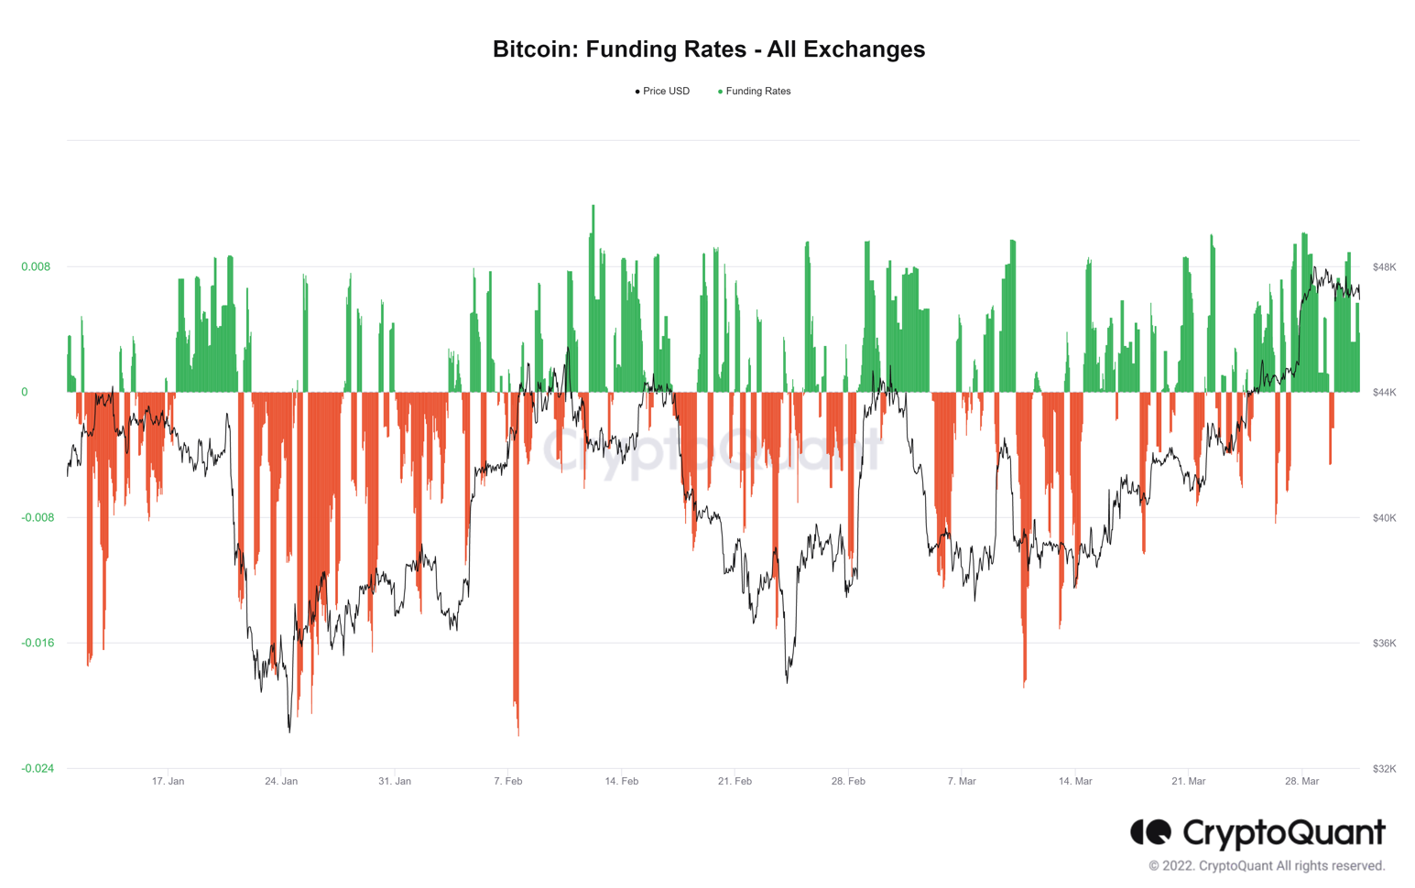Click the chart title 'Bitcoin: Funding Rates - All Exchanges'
tap(708, 49)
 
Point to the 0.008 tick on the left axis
tap(36, 267)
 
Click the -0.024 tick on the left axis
tap(38, 769)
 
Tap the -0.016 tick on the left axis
tap(38, 644)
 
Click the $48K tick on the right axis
tap(1384, 267)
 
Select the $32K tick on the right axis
tap(1384, 769)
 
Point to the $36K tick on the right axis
tap(1384, 644)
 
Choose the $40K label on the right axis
tap(1384, 518)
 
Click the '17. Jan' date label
tap(168, 782)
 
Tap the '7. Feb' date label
tap(507, 782)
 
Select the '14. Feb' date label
tap(621, 782)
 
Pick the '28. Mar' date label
tap(1301, 782)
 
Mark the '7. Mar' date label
tap(962, 782)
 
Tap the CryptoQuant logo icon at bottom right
tap(1150, 832)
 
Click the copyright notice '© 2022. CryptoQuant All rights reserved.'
tap(1267, 866)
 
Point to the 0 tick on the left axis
tap(25, 393)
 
